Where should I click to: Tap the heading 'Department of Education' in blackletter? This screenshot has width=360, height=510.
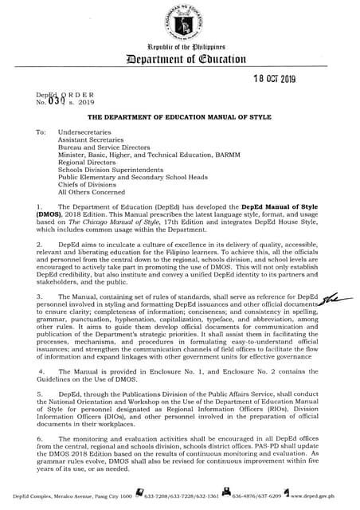(179, 66)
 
